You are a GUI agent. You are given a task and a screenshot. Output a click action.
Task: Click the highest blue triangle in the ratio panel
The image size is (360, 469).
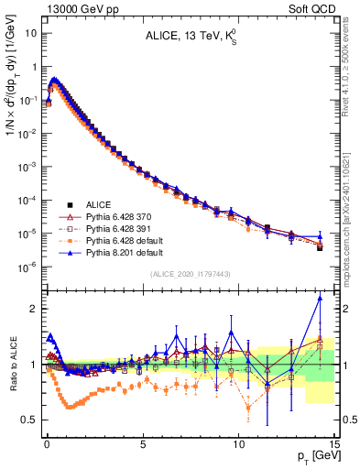pyautogui.click(x=320, y=298)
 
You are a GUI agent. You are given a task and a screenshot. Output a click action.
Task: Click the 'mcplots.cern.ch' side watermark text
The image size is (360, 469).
pyautogui.click(x=353, y=229)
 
